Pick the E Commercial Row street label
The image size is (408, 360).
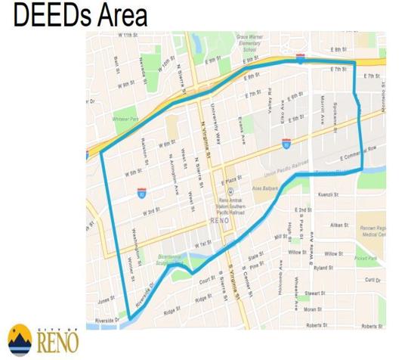[357, 157]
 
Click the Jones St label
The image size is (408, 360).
[106, 299]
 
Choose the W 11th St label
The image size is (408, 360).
[127, 36]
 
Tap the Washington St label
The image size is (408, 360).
[137, 239]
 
